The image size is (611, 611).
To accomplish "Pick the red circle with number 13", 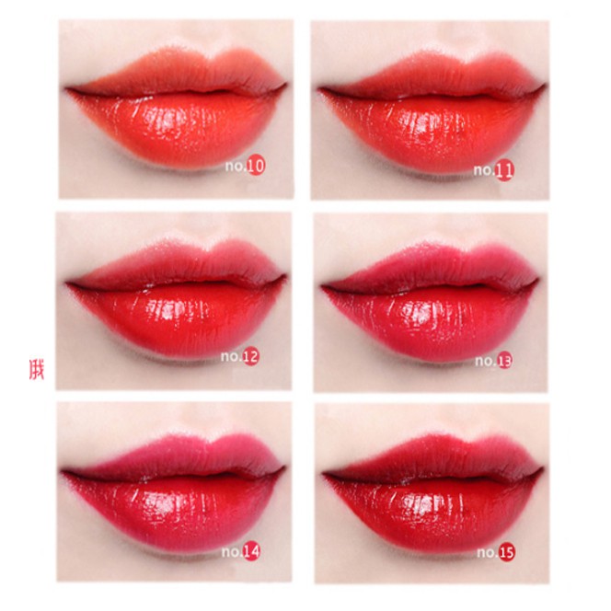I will point(505,361).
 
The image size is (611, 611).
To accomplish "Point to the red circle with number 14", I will point(251,552).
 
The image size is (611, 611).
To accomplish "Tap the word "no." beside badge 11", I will point(484,170).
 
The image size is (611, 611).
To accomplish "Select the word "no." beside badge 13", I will point(485,362).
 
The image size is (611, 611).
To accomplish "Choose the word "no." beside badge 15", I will point(487,553).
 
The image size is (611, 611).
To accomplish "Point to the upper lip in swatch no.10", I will point(175,69).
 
